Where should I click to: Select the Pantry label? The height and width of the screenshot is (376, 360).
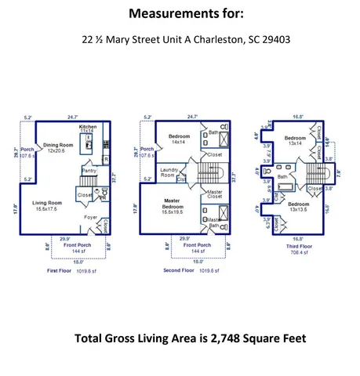click(x=89, y=170)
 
